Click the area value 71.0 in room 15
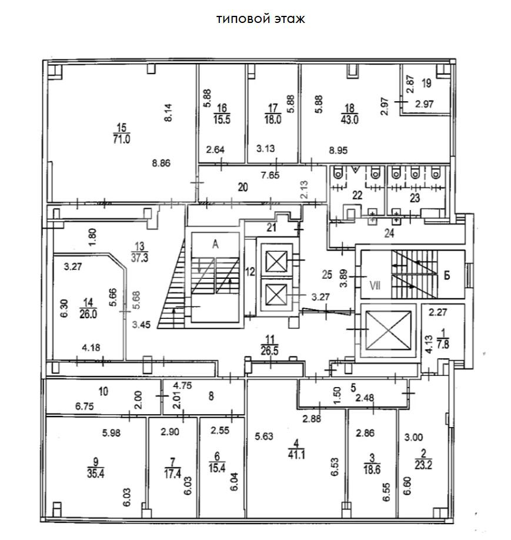[x=122, y=139]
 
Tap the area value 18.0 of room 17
[x=272, y=119]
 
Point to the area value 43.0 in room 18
[x=350, y=119]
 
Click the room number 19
[x=426, y=83]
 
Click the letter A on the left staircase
[x=216, y=245]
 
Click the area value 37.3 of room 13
[x=139, y=257]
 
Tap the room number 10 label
[x=103, y=391]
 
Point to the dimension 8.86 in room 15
[x=160, y=164]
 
